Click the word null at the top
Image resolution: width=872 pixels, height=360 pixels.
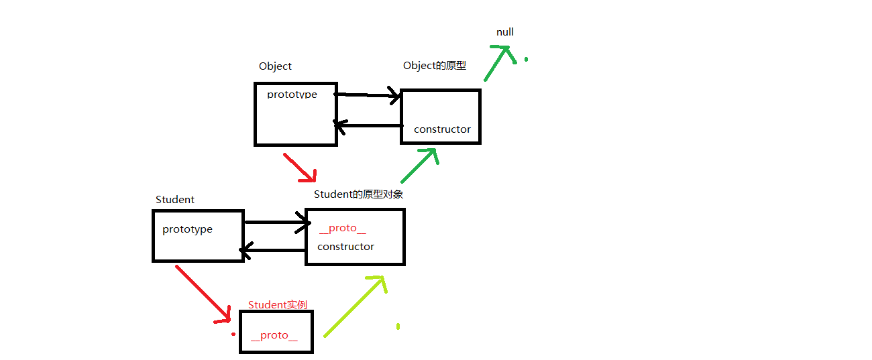point(505,32)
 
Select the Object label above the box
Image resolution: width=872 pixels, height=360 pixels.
point(275,66)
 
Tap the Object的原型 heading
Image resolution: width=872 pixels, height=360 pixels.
point(434,66)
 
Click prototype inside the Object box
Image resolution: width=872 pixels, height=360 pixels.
point(292,95)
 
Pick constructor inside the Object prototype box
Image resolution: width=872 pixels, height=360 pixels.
point(442,129)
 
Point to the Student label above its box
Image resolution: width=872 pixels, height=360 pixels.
point(175,200)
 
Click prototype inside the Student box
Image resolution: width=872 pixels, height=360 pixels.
point(187,229)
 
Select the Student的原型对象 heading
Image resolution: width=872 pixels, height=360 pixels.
point(358,194)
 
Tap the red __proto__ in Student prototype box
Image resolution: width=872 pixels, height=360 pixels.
point(342,229)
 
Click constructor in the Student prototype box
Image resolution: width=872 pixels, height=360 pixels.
point(345,247)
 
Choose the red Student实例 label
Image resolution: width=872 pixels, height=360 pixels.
point(278,305)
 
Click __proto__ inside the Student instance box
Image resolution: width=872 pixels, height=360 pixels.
point(274,335)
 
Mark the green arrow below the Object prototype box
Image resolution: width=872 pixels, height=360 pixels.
point(420,165)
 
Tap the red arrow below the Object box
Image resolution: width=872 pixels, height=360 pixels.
point(299,168)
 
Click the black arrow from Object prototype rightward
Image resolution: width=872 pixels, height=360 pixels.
point(366,95)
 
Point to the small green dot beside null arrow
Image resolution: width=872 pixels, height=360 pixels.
point(526,60)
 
